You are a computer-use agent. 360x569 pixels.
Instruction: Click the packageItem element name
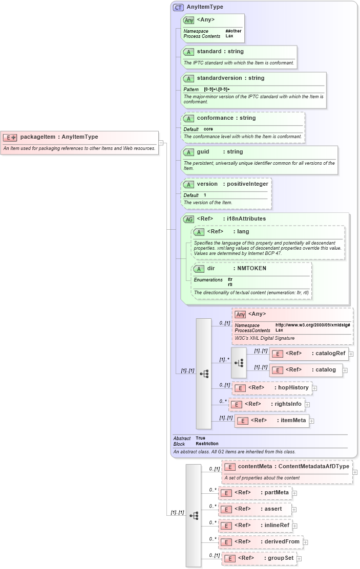click(x=38, y=137)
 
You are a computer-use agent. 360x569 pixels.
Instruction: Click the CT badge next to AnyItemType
click(x=178, y=7)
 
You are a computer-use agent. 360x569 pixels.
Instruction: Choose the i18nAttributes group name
click(x=249, y=219)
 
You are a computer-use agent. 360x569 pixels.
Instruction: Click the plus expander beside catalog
click(x=345, y=370)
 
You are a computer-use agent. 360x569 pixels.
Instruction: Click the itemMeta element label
click(x=293, y=421)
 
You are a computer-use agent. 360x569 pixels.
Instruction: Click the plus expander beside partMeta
click(x=294, y=493)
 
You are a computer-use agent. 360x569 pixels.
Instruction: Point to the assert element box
click(x=255, y=509)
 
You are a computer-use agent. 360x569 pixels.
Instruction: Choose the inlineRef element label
click(x=277, y=526)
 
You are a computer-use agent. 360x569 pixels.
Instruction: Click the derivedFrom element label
click(x=282, y=542)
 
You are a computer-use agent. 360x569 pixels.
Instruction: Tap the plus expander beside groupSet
click(x=300, y=559)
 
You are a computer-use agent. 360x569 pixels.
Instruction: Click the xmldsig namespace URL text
click(x=312, y=325)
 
